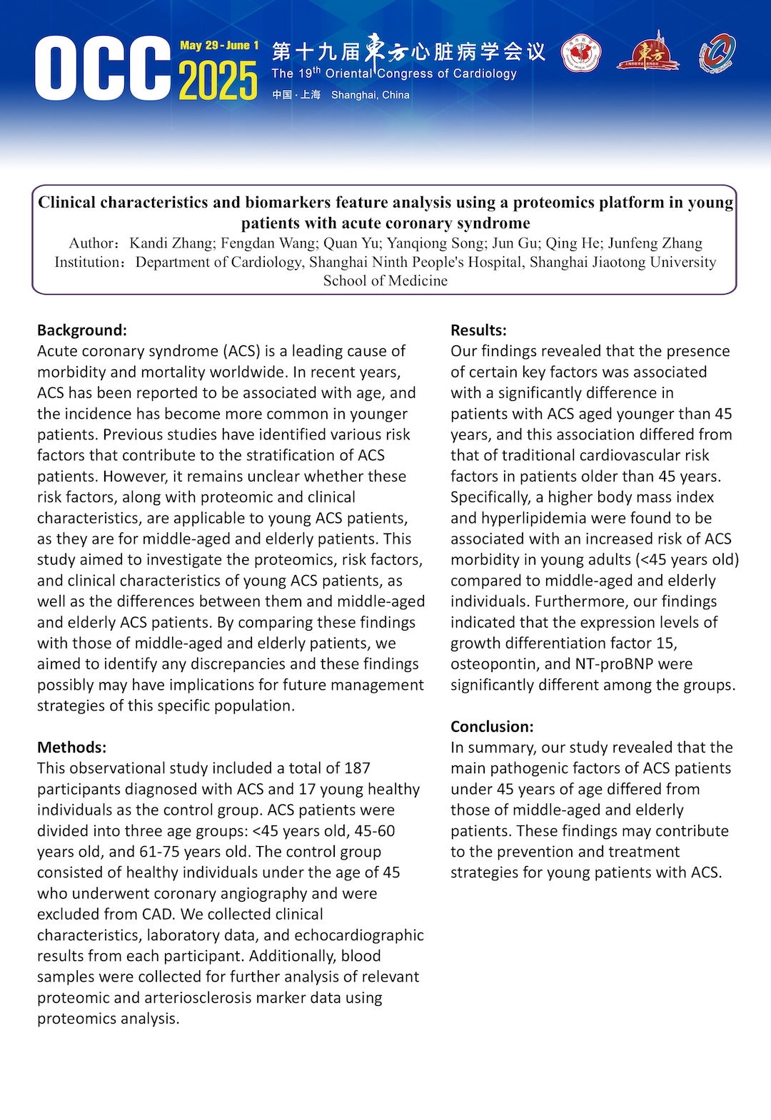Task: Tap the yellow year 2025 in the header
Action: pyautogui.click(x=218, y=80)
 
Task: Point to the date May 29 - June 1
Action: pyautogui.click(x=219, y=46)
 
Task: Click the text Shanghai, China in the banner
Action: pyautogui.click(x=370, y=95)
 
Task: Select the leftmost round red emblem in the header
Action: pyautogui.click(x=580, y=55)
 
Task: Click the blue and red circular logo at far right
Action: pyautogui.click(x=717, y=54)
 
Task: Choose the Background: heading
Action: pyautogui.click(x=82, y=330)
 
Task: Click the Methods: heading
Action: pyautogui.click(x=71, y=748)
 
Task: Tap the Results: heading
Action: pyautogui.click(x=478, y=330)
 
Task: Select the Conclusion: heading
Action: pyautogui.click(x=492, y=727)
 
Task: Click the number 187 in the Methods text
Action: pyautogui.click(x=357, y=768)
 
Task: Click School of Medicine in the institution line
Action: pyautogui.click(x=385, y=281)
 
